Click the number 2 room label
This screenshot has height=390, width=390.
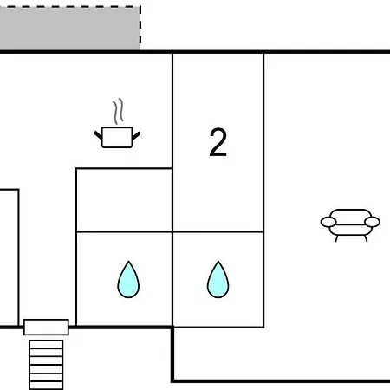(218, 142)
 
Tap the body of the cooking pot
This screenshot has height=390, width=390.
(117, 138)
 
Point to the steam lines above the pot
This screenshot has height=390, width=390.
(118, 112)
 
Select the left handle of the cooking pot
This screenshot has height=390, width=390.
(98, 135)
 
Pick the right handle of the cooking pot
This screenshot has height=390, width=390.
(136, 135)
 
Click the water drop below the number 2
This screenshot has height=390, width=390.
(218, 279)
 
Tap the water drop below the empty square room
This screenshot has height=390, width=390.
(128, 279)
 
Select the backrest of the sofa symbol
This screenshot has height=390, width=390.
(350, 214)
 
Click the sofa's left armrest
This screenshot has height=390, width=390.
(328, 222)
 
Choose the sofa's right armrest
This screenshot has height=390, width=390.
(372, 222)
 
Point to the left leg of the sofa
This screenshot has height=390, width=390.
(336, 238)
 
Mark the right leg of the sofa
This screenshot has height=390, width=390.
(366, 238)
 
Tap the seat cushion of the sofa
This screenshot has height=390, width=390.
(350, 230)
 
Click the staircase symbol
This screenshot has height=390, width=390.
(46, 365)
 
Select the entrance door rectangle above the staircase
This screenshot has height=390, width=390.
(46, 328)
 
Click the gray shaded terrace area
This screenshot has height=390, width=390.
(70, 29)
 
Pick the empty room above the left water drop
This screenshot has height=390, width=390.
(124, 200)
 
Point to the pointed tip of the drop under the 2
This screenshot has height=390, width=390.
(218, 261)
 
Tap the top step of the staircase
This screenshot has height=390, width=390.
(46, 344)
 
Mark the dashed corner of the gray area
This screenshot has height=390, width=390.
(140, 7)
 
